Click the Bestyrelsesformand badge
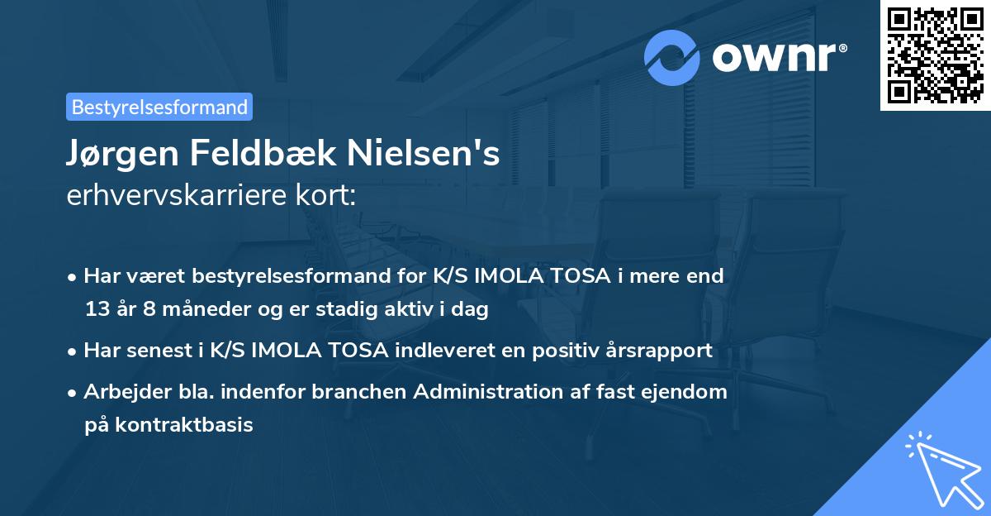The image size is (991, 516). pyautogui.click(x=159, y=107)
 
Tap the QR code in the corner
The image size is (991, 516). pyautogui.click(x=936, y=55)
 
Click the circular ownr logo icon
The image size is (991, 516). pyautogui.click(x=673, y=58)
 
